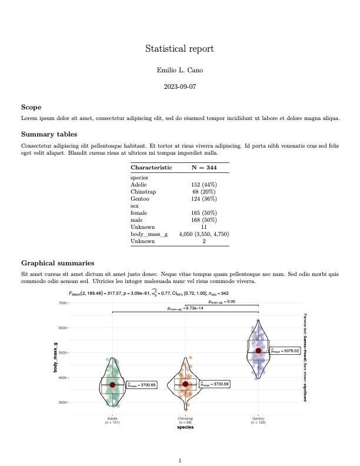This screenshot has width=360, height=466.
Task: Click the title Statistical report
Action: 179,49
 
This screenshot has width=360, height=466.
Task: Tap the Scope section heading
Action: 31,107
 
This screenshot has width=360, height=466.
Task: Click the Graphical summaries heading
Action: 57,263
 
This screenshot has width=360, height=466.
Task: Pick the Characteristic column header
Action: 151,167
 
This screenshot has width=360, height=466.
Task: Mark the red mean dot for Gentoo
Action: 258,351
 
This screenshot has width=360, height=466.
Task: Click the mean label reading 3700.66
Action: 142,385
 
